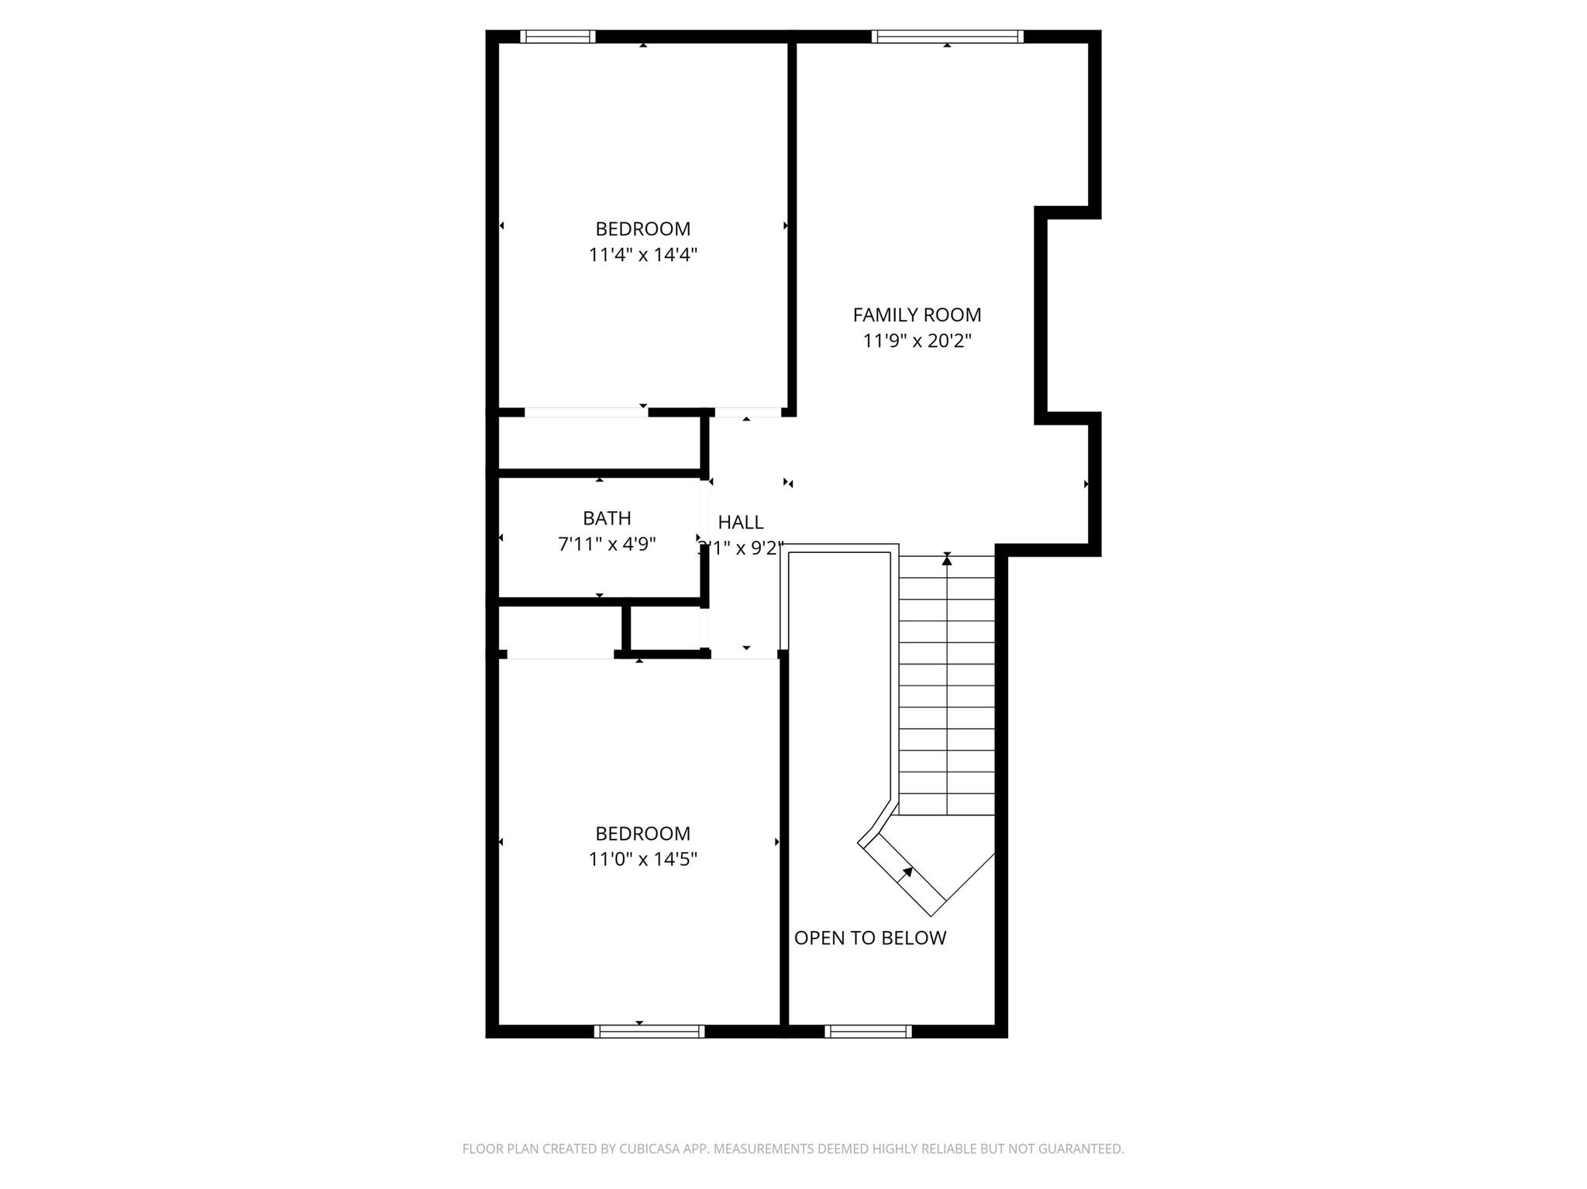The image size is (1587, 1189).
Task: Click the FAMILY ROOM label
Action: [x=917, y=314]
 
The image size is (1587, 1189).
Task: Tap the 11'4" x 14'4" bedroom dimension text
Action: [x=642, y=255]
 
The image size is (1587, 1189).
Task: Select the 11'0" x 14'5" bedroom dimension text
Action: [x=642, y=859]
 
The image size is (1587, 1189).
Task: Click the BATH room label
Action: [x=607, y=518]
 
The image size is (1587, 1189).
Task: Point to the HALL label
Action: [x=740, y=522]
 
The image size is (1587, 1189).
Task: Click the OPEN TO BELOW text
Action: [x=869, y=938]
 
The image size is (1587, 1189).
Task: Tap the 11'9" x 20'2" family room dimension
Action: [x=917, y=341]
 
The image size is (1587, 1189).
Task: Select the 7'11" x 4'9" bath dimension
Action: [x=607, y=545]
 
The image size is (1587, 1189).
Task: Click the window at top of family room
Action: [x=946, y=36]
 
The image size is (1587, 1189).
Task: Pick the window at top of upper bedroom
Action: [x=557, y=36]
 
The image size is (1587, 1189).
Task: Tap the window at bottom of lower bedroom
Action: [x=649, y=1031]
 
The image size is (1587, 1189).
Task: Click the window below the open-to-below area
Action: [x=868, y=1031]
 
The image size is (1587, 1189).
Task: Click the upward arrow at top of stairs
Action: [x=946, y=559]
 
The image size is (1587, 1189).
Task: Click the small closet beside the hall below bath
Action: [x=666, y=627]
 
